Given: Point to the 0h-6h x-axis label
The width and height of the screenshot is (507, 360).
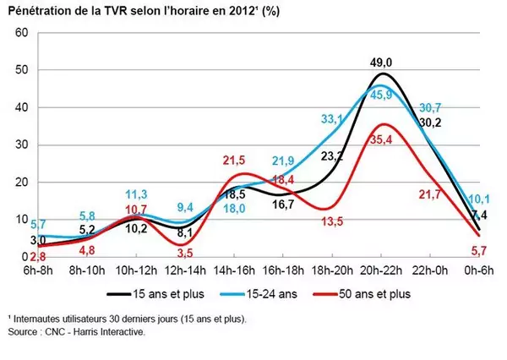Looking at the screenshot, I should (x=478, y=270).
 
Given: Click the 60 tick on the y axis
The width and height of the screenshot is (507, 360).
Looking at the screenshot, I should (x=22, y=32).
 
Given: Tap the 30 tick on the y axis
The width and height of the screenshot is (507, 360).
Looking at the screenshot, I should (x=22, y=145).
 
